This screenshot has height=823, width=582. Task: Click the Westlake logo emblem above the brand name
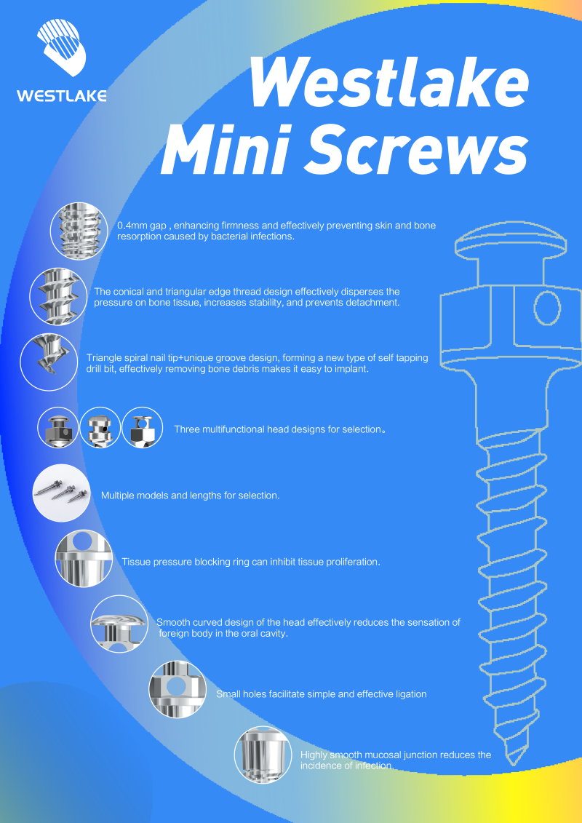pos(61,50)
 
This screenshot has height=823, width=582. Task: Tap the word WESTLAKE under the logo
pos(61,96)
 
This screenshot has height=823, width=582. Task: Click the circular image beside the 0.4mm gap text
pos(79,231)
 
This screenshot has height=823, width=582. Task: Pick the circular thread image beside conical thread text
pos(57,297)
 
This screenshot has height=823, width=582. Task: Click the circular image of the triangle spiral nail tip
pos(49,362)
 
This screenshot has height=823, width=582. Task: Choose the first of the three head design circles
pos(57,428)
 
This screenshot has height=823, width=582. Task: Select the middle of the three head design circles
pos(100,428)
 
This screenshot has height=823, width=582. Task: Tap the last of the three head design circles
pos(142,428)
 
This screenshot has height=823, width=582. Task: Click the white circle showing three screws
pos(61,493)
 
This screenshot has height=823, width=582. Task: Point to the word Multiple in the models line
pos(118,496)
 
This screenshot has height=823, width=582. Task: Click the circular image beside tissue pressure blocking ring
pos(84,558)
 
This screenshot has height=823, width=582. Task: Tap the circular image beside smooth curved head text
pos(119,624)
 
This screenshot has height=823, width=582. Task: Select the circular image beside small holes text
pos(178,689)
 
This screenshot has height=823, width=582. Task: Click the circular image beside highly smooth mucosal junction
pos(263,755)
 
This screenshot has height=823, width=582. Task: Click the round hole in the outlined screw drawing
pos(548,309)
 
